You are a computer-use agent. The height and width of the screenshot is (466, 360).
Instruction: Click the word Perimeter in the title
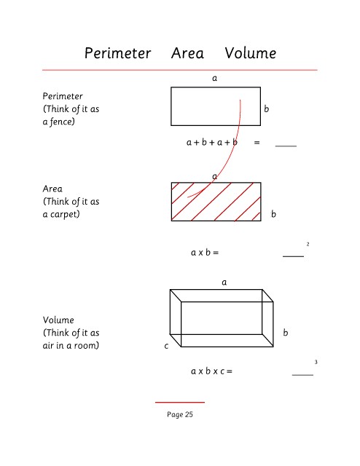pyautogui.click(x=118, y=53)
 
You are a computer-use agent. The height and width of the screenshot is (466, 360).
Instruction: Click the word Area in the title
pyautogui.click(x=187, y=53)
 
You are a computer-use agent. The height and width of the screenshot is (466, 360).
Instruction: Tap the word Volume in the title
pyautogui.click(x=251, y=53)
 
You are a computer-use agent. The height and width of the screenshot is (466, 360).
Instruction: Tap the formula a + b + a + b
pyautogui.click(x=212, y=142)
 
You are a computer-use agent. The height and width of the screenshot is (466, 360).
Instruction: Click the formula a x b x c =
pyautogui.click(x=211, y=371)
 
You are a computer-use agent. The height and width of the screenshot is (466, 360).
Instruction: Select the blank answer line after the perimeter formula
pyautogui.click(x=286, y=146)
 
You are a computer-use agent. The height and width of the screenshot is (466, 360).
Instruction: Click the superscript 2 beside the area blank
pyautogui.click(x=308, y=245)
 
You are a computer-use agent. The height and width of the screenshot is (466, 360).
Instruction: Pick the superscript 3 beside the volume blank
pyautogui.click(x=316, y=362)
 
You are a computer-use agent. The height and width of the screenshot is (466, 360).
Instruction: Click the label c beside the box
pyautogui.click(x=166, y=346)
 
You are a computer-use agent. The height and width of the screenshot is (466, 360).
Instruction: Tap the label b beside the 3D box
pyautogui.click(x=286, y=332)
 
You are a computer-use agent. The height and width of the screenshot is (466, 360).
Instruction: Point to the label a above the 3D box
pyautogui.click(x=224, y=283)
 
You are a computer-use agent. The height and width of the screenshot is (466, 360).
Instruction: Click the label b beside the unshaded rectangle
pyautogui.click(x=266, y=108)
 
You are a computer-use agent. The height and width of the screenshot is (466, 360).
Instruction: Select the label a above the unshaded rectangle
pyautogui.click(x=214, y=78)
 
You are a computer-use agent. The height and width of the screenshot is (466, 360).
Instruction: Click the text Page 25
pyautogui.click(x=180, y=414)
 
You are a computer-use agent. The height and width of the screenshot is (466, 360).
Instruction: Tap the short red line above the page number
pyautogui.click(x=180, y=402)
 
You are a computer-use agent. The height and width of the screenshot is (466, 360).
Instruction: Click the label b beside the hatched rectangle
pyautogui.click(x=273, y=214)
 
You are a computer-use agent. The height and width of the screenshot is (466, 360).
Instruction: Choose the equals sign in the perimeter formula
pyautogui.click(x=257, y=143)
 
